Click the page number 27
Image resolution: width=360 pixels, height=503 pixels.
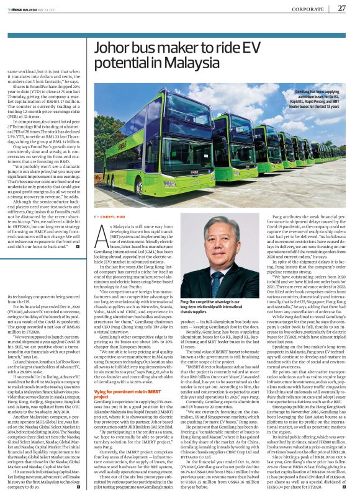tap(341, 8)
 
